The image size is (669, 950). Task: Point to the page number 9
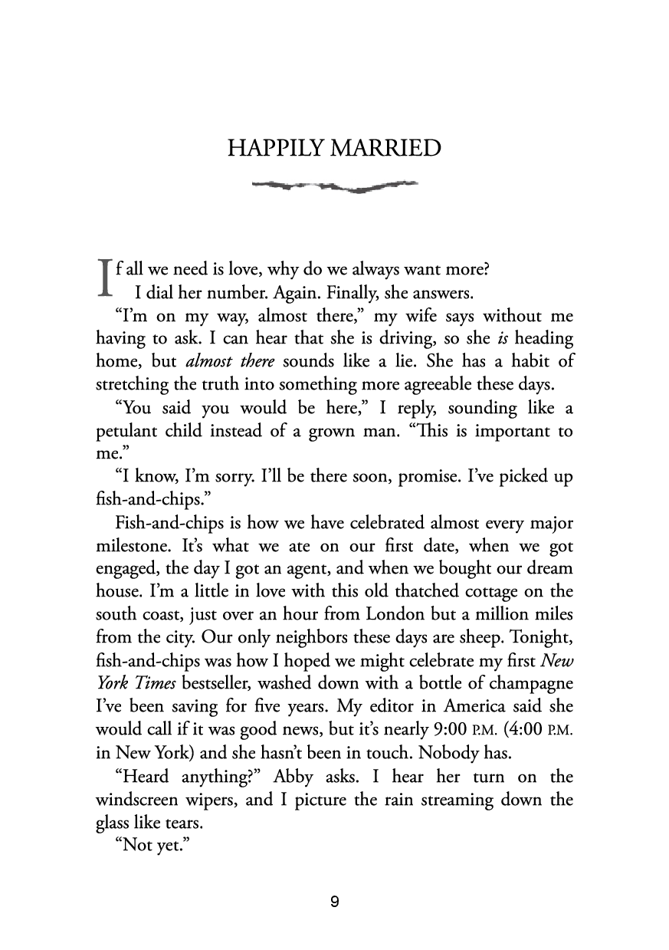coord(334,902)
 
